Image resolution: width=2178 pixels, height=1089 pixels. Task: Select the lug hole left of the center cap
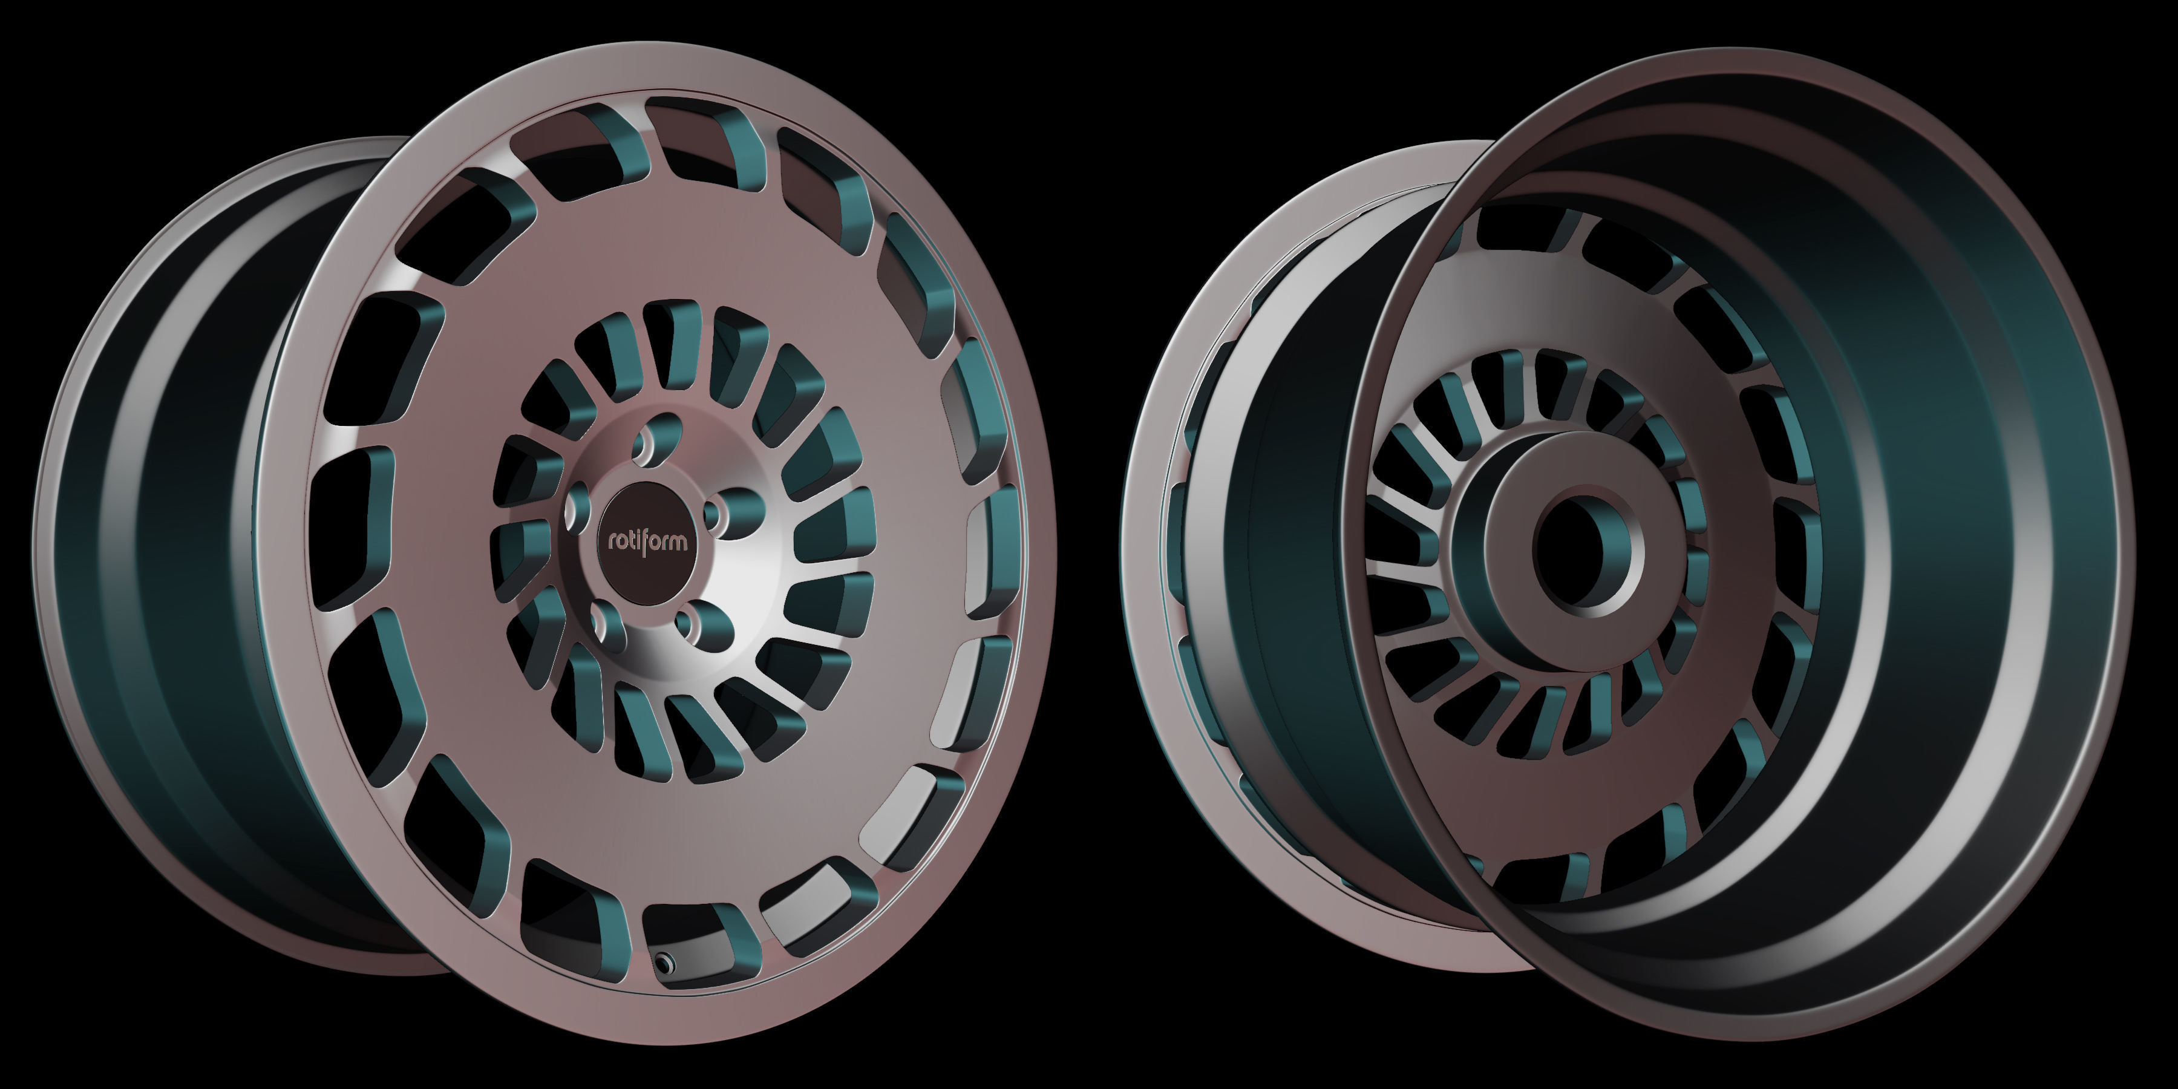coord(578,508)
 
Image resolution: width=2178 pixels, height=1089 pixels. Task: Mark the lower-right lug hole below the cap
coord(694,625)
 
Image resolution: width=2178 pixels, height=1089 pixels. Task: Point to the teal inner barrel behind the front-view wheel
coord(169,549)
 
